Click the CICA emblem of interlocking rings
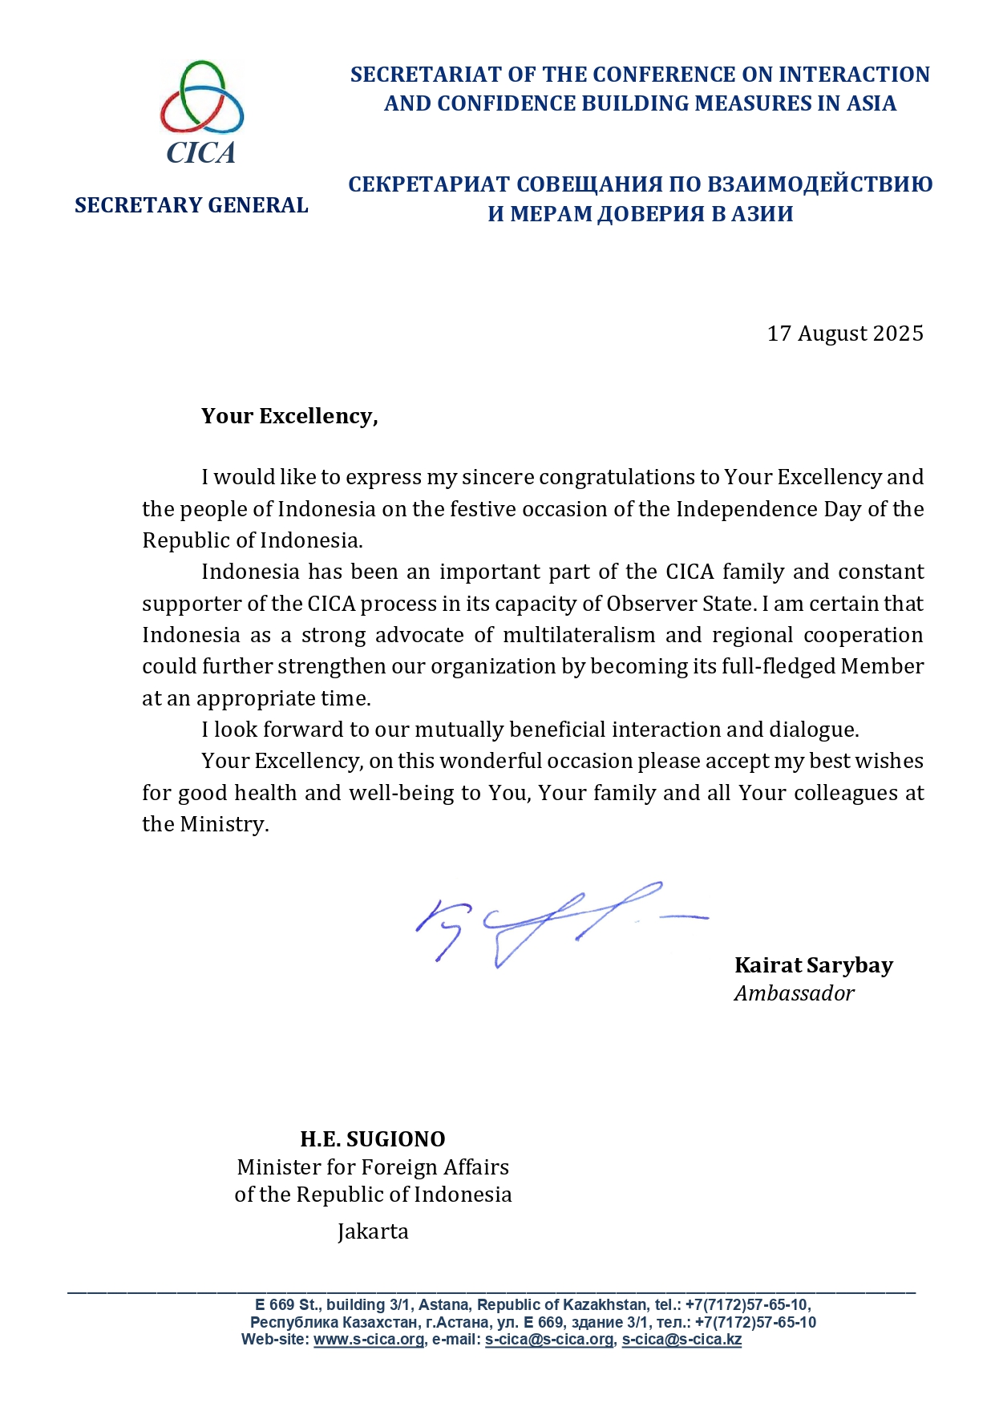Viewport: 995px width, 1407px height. pyautogui.click(x=201, y=97)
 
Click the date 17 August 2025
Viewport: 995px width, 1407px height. pyautogui.click(x=845, y=334)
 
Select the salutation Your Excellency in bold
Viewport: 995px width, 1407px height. pyautogui.click(x=289, y=416)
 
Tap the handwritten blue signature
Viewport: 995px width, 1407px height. pyautogui.click(x=545, y=922)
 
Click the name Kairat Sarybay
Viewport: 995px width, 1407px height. pyautogui.click(x=813, y=965)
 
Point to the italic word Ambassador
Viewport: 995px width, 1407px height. pyautogui.click(x=794, y=993)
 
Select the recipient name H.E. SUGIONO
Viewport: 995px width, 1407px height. pyautogui.click(x=373, y=1139)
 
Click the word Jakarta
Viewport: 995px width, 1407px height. pyautogui.click(x=373, y=1231)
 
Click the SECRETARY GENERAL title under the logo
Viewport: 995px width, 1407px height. pyautogui.click(x=192, y=205)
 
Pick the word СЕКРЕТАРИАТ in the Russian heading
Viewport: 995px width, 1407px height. pyautogui.click(x=429, y=184)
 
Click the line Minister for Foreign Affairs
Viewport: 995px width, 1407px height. pyautogui.click(x=373, y=1167)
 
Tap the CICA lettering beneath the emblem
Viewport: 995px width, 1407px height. pyautogui.click(x=201, y=152)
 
